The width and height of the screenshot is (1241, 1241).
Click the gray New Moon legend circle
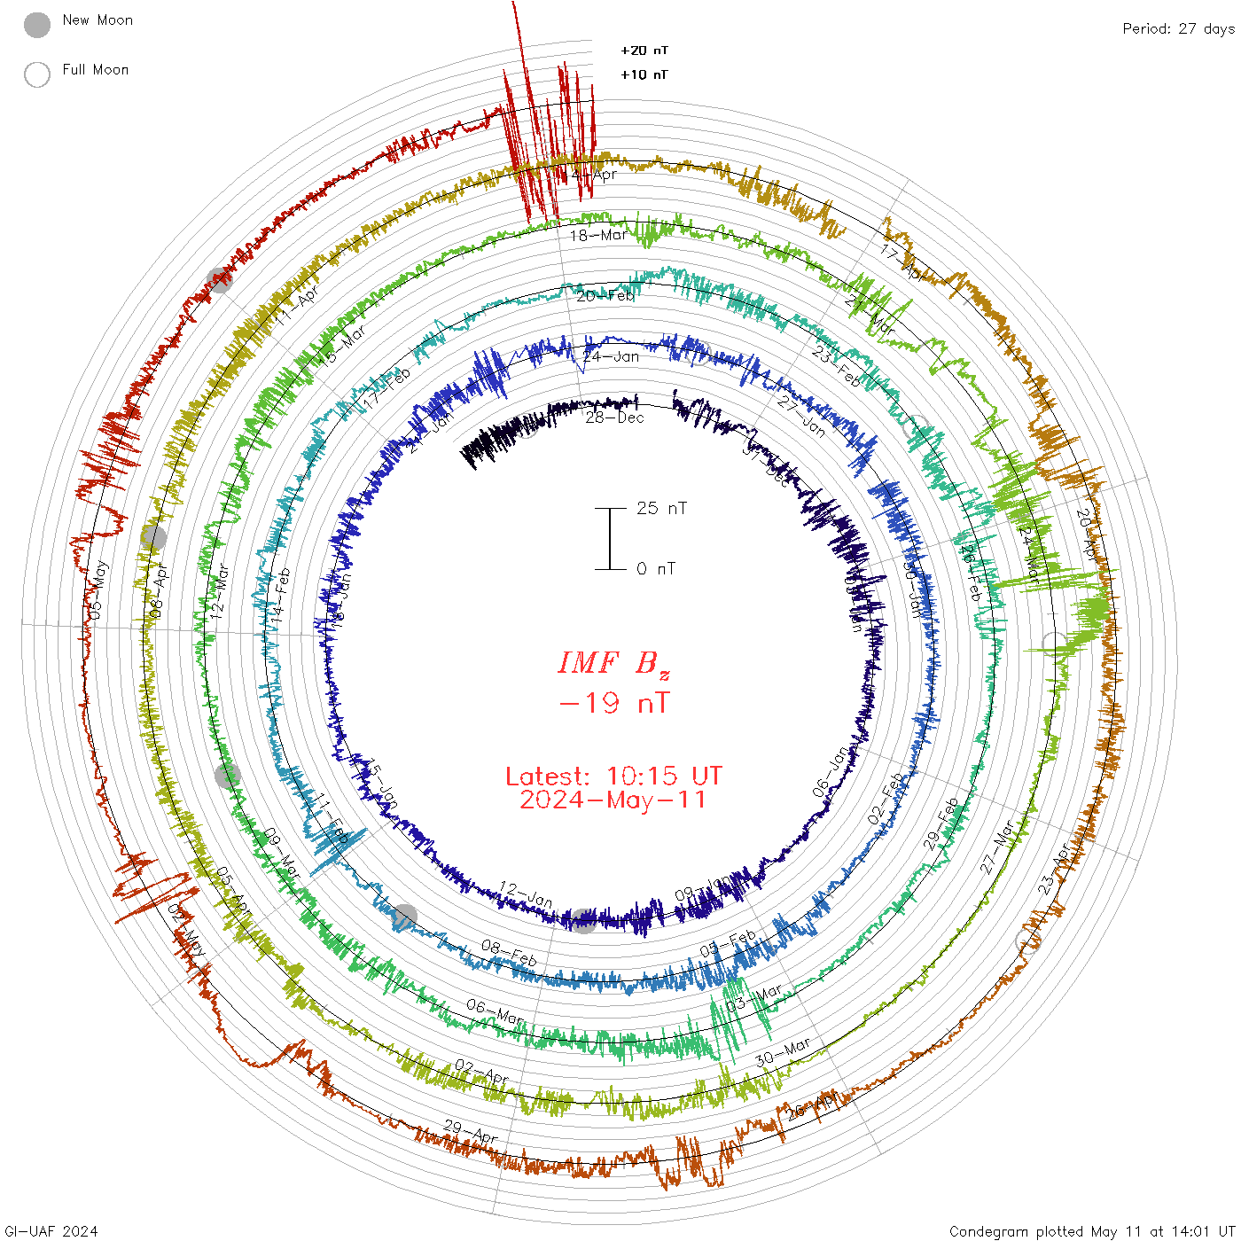(x=37, y=25)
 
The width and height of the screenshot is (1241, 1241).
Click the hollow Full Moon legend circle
(x=37, y=74)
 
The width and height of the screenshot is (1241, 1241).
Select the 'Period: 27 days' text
(x=1178, y=29)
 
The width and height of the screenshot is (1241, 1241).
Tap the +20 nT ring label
(x=644, y=51)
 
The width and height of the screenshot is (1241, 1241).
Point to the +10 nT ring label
(x=644, y=74)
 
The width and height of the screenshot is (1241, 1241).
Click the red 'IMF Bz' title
(x=613, y=663)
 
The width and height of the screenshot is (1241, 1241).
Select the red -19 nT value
(x=614, y=703)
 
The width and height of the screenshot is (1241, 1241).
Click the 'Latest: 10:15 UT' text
(x=613, y=777)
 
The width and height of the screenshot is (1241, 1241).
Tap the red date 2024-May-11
(x=613, y=800)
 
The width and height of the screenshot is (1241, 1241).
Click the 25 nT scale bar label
(x=661, y=509)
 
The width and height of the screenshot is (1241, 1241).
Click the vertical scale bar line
(x=610, y=539)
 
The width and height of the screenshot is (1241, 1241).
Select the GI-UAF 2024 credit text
(x=51, y=1231)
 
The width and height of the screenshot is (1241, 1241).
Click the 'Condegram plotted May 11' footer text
(x=1091, y=1231)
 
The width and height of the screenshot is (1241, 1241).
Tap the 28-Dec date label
(x=614, y=417)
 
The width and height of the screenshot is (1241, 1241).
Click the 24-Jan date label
(x=611, y=357)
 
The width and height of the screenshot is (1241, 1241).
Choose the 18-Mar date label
(x=598, y=235)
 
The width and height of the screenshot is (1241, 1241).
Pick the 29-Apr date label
(x=471, y=1132)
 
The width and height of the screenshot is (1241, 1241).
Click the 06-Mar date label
(x=495, y=1011)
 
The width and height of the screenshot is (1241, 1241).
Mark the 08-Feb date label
(x=509, y=953)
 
